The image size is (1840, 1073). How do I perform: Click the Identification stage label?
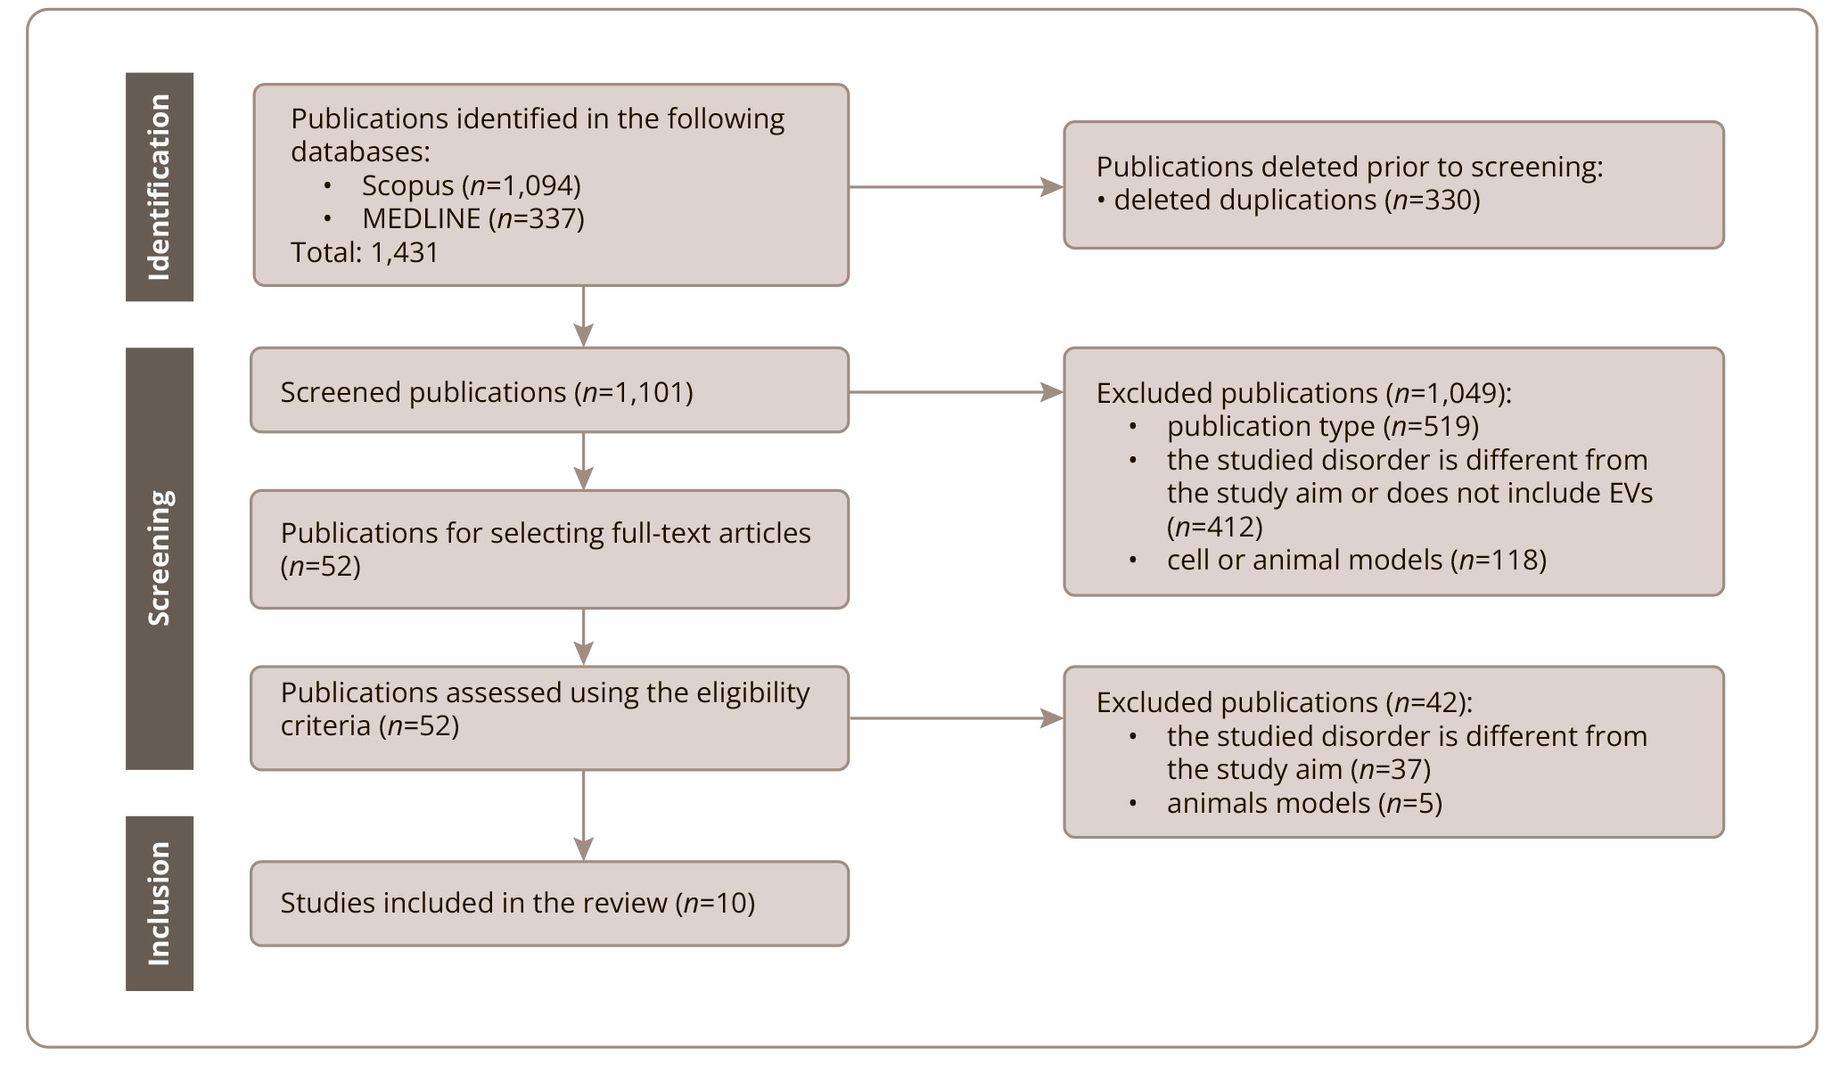pyautogui.click(x=159, y=187)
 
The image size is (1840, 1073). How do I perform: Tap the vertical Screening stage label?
pyautogui.click(x=159, y=558)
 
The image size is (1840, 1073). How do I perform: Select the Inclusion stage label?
pyautogui.click(x=159, y=903)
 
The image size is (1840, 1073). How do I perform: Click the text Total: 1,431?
pyautogui.click(x=365, y=252)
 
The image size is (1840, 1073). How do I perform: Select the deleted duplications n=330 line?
pyautogui.click(x=1288, y=201)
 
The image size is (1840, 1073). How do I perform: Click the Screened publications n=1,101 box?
pyautogui.click(x=549, y=390)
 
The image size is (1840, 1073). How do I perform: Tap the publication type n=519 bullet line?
pyautogui.click(x=1323, y=427)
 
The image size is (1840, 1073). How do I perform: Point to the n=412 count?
pyautogui.click(x=1215, y=527)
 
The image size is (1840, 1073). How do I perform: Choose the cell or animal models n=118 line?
pyautogui.click(x=1357, y=560)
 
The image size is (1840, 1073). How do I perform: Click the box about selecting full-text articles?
pyautogui.click(x=549, y=549)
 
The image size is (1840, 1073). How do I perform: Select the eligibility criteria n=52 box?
pyautogui.click(x=549, y=718)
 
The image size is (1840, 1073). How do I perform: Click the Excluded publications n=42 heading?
pyautogui.click(x=1285, y=702)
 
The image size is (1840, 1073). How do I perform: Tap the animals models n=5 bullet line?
pyautogui.click(x=1304, y=803)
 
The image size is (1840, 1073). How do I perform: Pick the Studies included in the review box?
pyautogui.click(x=549, y=903)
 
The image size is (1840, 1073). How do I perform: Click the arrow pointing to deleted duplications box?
pyautogui.click(x=956, y=187)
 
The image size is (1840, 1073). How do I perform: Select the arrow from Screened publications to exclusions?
pyautogui.click(x=956, y=392)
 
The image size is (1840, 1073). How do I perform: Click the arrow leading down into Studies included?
pyautogui.click(x=583, y=815)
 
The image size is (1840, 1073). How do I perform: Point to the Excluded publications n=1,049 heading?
pyautogui.click(x=1304, y=393)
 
